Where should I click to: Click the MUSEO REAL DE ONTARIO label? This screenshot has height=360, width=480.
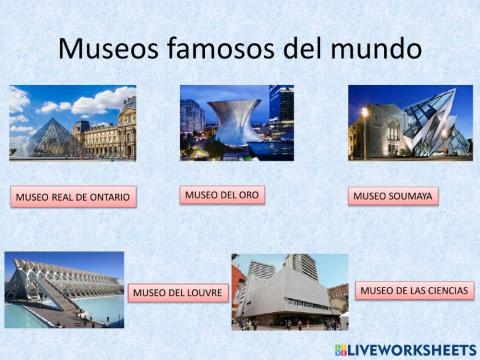(x=73, y=197)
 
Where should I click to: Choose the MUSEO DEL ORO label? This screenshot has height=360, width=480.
(x=222, y=194)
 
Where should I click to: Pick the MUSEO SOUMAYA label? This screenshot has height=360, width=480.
(x=393, y=196)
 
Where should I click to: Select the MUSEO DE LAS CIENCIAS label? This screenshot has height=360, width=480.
(x=413, y=291)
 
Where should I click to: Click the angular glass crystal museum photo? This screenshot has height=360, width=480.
(x=410, y=123)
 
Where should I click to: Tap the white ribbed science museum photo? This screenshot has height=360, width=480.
(x=64, y=290)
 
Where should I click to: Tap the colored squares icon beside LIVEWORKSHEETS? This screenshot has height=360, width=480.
(x=342, y=349)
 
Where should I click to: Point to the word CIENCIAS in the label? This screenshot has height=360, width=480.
(x=445, y=291)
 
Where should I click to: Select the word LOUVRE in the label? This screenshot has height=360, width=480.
(x=204, y=293)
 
